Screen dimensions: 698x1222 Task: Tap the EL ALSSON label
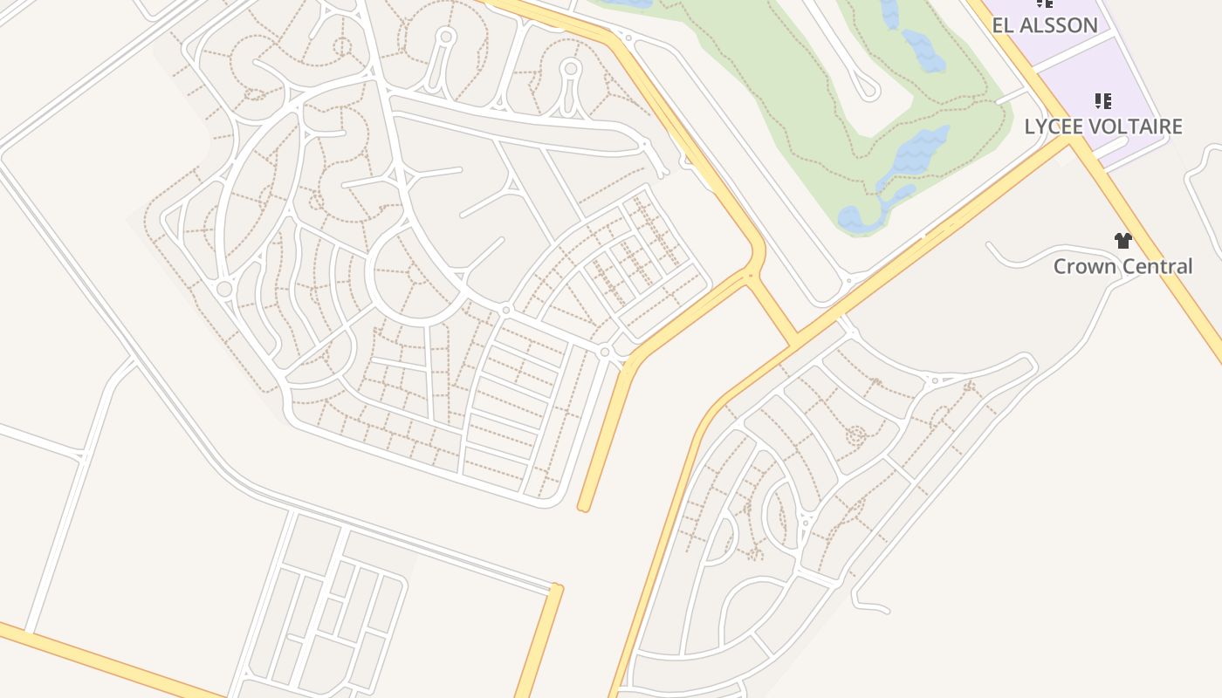coord(1045,25)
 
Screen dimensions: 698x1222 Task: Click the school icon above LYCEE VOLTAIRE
coord(1103,101)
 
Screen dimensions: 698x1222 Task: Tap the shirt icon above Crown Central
coord(1122,241)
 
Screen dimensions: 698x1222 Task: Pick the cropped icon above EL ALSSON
coord(1044,3)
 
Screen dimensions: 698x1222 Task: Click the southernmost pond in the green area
coord(860,219)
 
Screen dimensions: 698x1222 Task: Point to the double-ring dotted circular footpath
coord(855,435)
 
